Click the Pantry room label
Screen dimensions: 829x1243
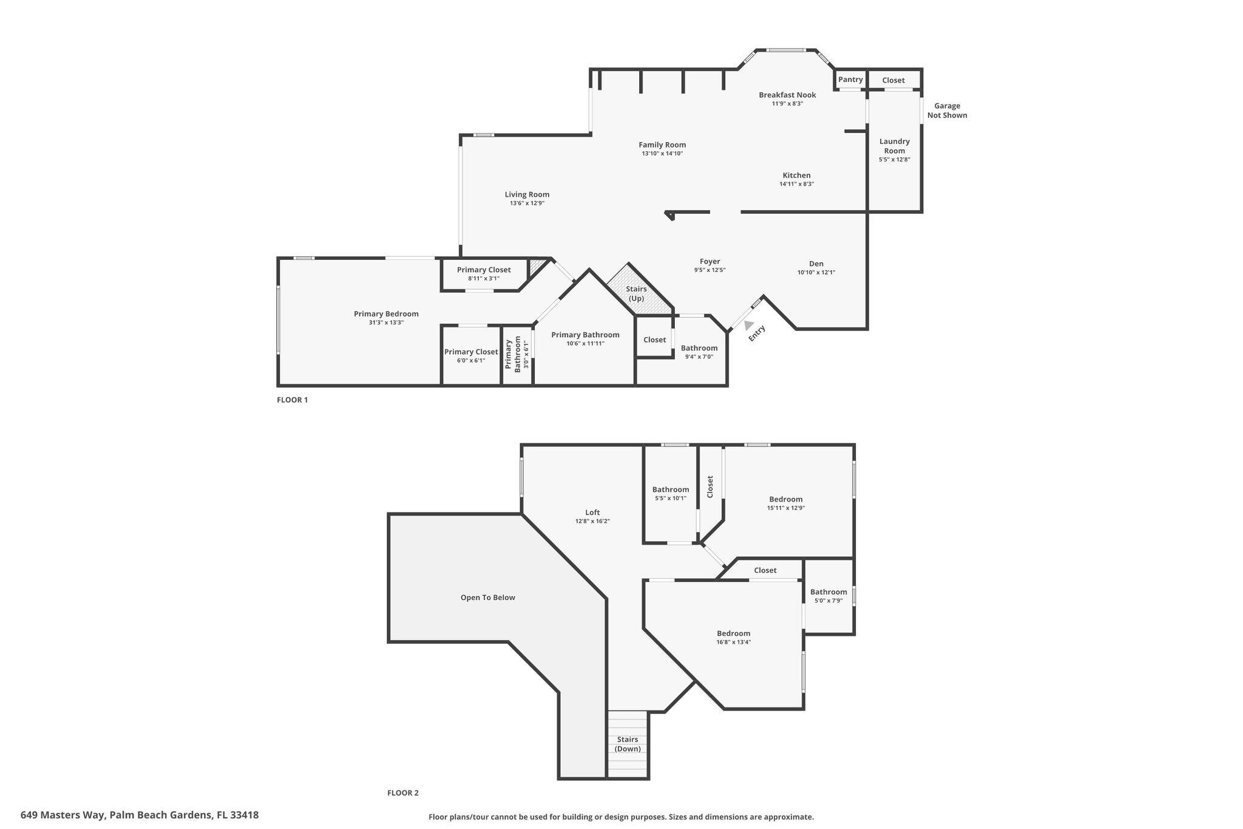pos(850,80)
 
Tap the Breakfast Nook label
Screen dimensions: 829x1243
pos(787,95)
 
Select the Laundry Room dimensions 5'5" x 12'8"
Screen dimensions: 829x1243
pos(894,160)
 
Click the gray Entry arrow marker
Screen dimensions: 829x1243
pos(749,326)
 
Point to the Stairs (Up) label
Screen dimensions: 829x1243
pos(636,293)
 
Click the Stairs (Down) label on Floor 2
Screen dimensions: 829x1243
pos(628,744)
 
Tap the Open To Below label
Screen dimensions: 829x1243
pos(487,598)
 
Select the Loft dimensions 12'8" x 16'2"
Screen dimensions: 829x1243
pos(592,521)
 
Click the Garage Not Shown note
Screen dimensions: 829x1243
pos(947,111)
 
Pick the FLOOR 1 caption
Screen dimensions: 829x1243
pos(293,400)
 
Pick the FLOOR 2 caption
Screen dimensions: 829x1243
pos(403,793)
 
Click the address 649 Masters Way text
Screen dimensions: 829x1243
pos(140,815)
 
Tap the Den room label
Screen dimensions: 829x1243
pos(816,264)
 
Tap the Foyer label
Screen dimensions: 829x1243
pos(710,262)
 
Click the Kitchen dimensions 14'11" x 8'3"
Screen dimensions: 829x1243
pos(796,184)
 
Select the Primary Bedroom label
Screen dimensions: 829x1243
pos(386,314)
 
